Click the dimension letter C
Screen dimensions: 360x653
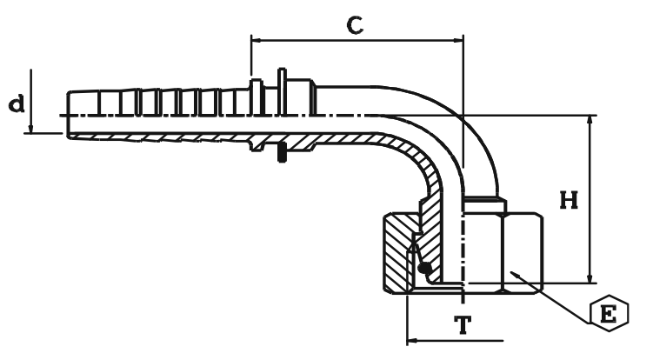click(x=354, y=24)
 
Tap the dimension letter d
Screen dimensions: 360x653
click(x=16, y=103)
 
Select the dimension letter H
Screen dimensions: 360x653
click(x=569, y=201)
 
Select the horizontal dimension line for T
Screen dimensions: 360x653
click(x=452, y=340)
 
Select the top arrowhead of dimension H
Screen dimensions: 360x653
click(x=590, y=120)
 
